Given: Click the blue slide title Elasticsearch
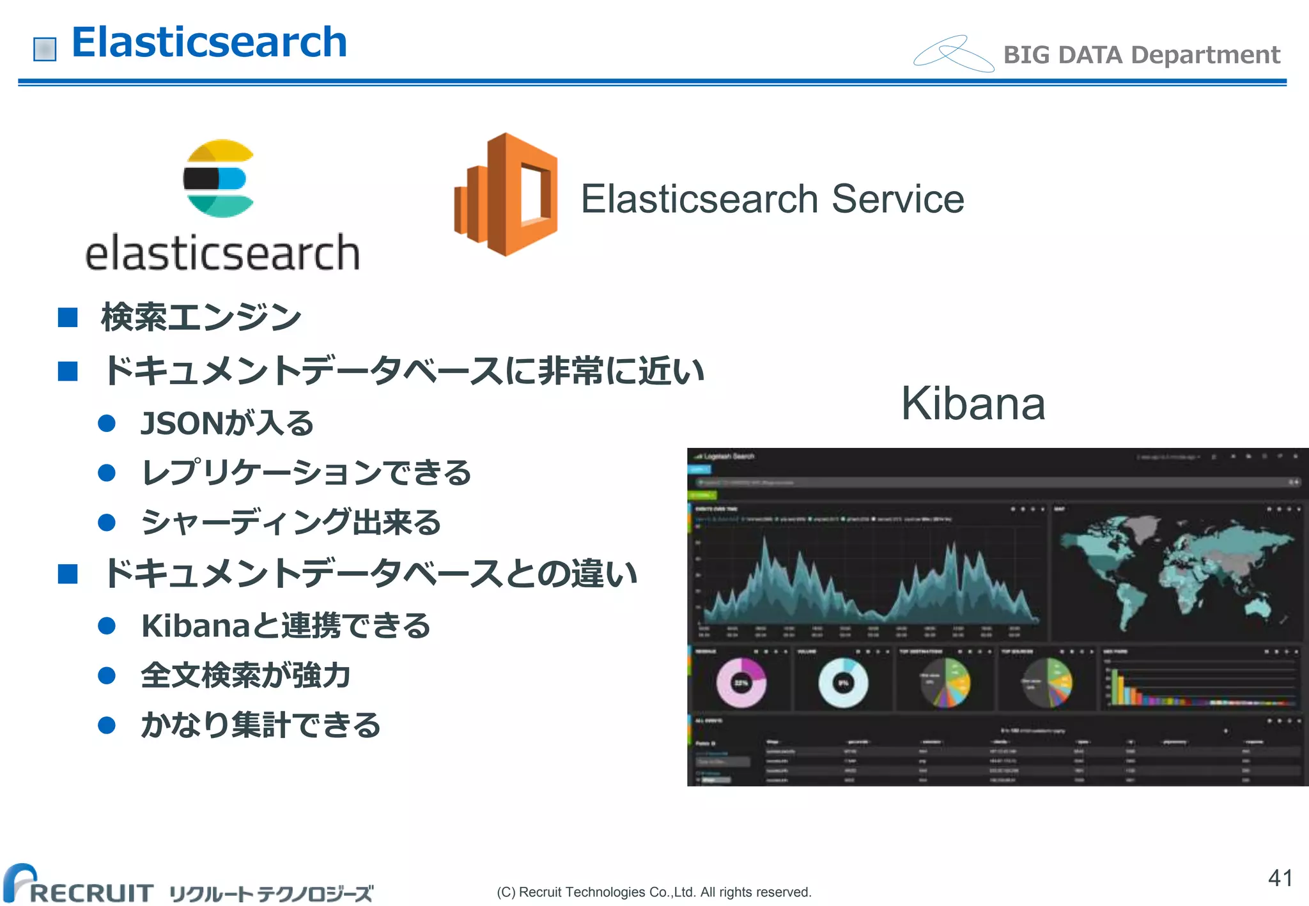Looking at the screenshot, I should [209, 43].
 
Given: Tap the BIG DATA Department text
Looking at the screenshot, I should [1141, 55].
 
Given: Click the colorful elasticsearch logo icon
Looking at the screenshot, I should [219, 178].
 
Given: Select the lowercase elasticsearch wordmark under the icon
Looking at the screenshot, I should [222, 253].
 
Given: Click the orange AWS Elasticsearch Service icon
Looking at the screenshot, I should [506, 194].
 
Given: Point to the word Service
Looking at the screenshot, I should [897, 199].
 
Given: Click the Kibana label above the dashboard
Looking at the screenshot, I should [973, 404].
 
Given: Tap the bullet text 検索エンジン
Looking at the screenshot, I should [201, 317].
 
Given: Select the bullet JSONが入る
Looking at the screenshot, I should [227, 423].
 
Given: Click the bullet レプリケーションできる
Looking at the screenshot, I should [306, 473].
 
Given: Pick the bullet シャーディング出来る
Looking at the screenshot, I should [291, 522].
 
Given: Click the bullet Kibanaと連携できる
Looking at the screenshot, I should [286, 626].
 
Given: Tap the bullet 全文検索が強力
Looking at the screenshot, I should [245, 675].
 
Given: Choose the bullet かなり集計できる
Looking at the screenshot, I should [261, 725].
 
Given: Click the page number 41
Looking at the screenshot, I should [1280, 878].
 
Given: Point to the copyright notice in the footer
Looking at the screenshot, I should [653, 892].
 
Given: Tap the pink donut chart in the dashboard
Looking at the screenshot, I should [741, 682].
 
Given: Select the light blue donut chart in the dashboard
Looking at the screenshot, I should [843, 682].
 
